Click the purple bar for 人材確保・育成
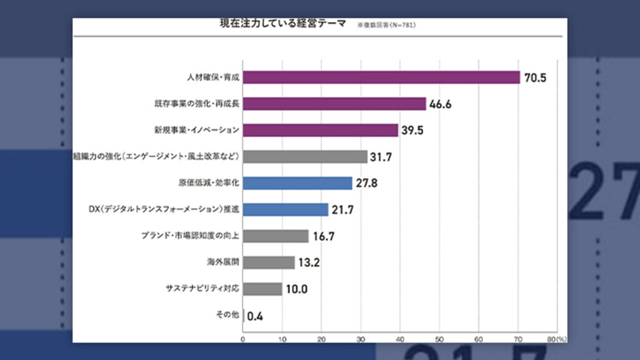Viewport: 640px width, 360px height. tap(381, 77)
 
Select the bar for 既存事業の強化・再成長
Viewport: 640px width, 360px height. tap(334, 104)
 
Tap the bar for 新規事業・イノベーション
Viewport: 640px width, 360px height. tap(321, 130)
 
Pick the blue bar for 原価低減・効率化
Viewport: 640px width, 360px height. tap(297, 183)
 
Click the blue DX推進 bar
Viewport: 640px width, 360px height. tap(286, 209)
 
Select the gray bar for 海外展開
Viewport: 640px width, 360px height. tap(269, 262)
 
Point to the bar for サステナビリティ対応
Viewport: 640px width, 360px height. tap(262, 289)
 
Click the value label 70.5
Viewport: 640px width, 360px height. tap(536, 78)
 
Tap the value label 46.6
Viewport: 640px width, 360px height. tap(440, 104)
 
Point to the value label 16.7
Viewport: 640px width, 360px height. tap(322, 236)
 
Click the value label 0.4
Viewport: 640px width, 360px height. tap(255, 316)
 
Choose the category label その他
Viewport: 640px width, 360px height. tap(227, 315)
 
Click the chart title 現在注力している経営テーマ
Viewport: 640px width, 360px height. tap(283, 24)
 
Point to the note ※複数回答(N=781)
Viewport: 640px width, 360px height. tap(386, 26)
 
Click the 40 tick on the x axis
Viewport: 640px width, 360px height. tap(400, 339)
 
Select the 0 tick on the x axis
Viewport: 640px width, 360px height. tap(243, 339)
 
